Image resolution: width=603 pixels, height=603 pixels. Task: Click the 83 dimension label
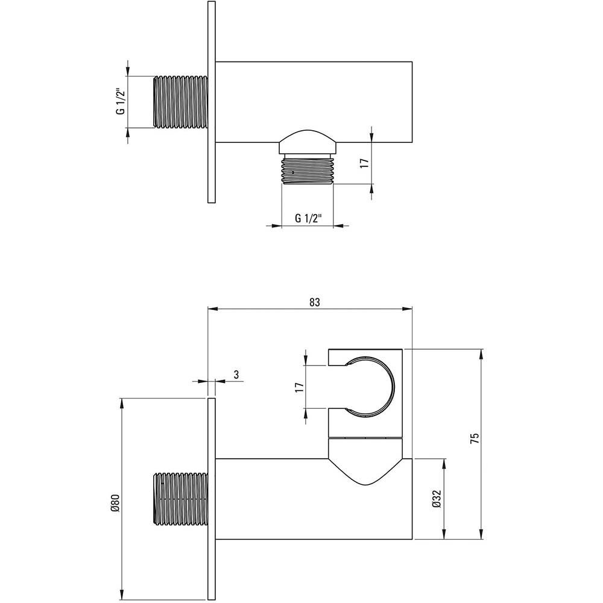pos(314,302)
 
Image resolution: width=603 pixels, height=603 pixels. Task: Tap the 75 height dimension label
pos(475,438)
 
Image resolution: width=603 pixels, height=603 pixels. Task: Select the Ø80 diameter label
pos(116,503)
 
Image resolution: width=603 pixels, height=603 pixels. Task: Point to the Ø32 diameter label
pos(437,499)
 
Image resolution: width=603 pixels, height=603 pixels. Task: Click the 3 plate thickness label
pos(236,374)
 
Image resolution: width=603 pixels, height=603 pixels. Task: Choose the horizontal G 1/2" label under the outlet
pos(308,218)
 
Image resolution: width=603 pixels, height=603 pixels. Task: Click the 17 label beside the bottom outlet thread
pos(365,163)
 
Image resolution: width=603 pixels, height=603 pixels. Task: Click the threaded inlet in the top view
pos(180,102)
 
